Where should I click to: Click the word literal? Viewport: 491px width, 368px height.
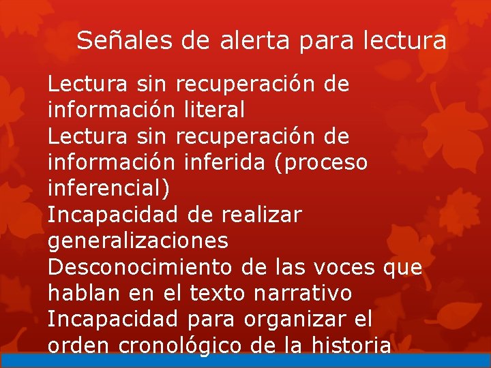pyautogui.click(x=214, y=110)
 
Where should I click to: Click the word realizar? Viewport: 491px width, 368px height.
pyautogui.click(x=261, y=215)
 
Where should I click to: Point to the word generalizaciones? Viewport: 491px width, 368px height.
pyautogui.click(x=138, y=241)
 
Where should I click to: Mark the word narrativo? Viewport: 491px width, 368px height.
pyautogui.click(x=303, y=293)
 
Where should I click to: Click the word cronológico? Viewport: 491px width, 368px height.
pyautogui.click(x=180, y=346)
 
